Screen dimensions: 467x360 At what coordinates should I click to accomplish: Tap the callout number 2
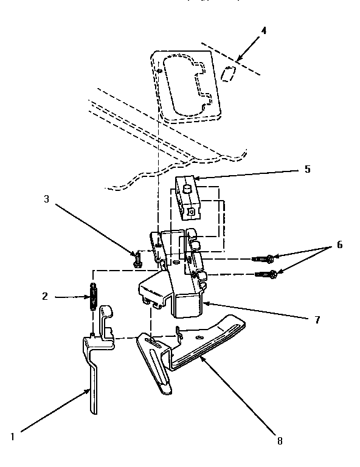45,297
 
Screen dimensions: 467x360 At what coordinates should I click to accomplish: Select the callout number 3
46,199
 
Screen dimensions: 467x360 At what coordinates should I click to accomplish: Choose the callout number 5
308,169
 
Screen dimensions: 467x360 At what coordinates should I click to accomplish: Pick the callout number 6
339,245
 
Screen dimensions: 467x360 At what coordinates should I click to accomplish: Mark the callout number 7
317,319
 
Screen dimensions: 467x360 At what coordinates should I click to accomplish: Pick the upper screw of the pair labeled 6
265,258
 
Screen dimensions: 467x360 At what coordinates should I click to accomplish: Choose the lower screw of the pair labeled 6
268,274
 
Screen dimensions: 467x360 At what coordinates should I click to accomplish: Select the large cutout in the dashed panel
188,86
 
